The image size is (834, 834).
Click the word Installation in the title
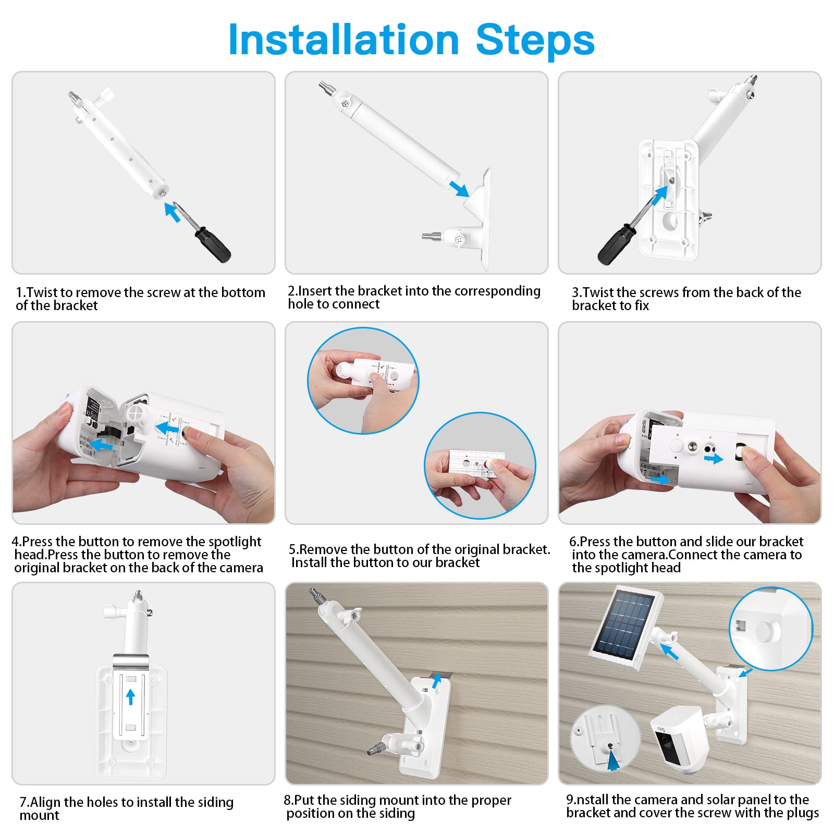pos(344,40)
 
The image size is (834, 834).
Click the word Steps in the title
pos(535,40)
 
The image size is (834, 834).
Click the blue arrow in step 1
pos(172,212)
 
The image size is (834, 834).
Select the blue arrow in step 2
pos(459,188)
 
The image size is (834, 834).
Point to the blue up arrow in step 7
pos(130,696)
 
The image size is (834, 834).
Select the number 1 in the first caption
pos(19,292)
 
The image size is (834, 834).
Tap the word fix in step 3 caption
pos(642,305)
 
